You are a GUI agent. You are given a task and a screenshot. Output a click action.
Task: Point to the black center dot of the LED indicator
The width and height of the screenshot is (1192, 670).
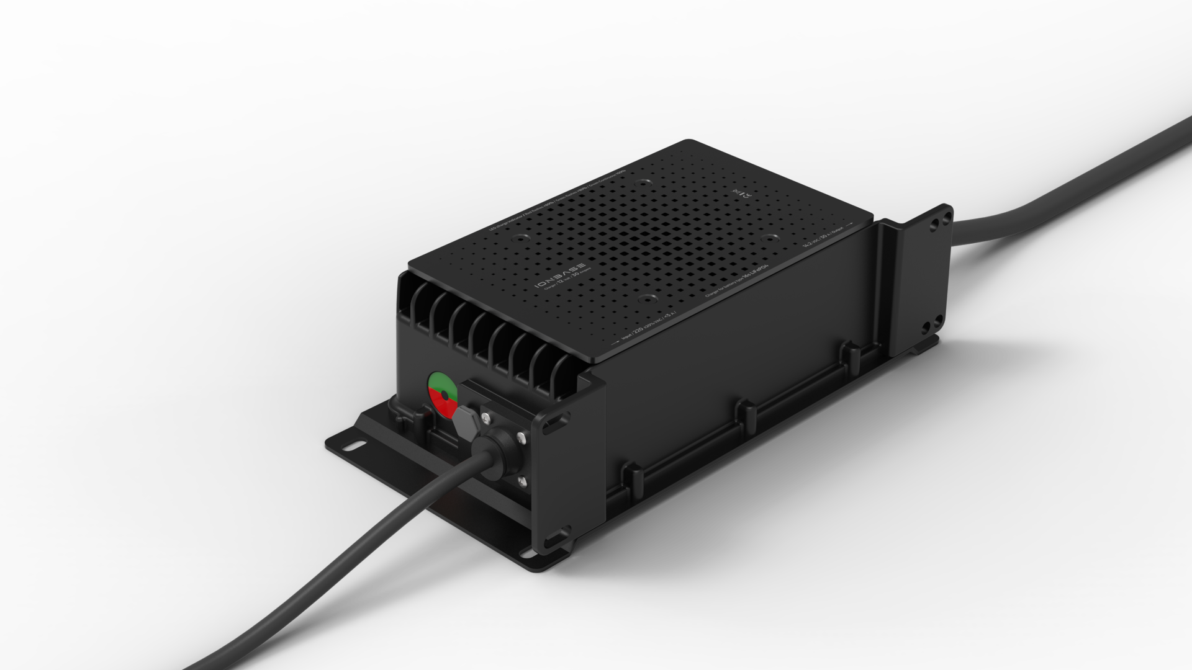tap(444, 394)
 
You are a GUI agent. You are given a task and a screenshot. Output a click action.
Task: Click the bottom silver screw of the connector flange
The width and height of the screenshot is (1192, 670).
tap(520, 480)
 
